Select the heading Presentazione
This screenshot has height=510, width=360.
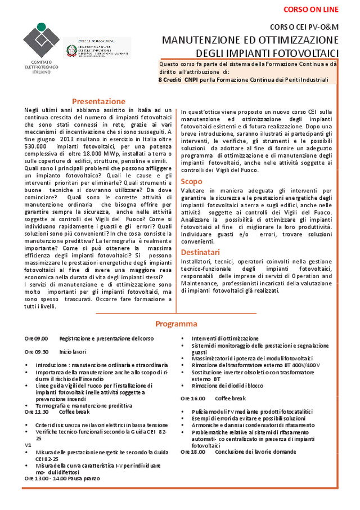tap(98, 101)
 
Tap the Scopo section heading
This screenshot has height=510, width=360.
tap(191, 181)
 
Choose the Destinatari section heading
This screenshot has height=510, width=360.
tap(200, 252)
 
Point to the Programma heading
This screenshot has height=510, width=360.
tap(176, 324)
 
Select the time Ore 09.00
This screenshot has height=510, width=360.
tap(36, 338)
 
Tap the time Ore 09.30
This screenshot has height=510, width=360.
tap(36, 351)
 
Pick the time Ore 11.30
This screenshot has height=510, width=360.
tap(36, 411)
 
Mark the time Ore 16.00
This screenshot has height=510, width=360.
tap(193, 398)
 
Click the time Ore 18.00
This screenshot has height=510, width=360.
tap(193, 451)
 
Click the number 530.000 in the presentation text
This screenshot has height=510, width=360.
tap(37, 146)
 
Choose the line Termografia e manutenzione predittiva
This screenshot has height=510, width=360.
tap(83, 405)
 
